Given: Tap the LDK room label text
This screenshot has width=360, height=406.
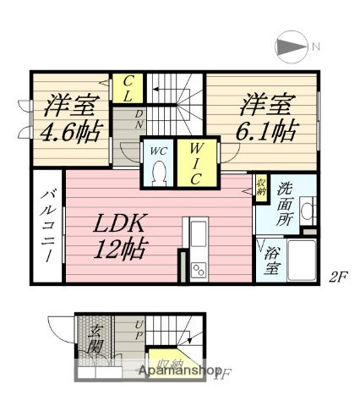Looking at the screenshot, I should pyautogui.click(x=121, y=224).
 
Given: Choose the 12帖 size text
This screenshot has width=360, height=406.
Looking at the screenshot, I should pyautogui.click(x=121, y=251).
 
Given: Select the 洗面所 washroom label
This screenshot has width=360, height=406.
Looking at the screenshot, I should pyautogui.click(x=286, y=203).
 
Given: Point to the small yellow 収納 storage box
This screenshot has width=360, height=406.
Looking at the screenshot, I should pyautogui.click(x=261, y=184).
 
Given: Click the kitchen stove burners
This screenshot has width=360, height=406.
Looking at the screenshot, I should pyautogui.click(x=198, y=270).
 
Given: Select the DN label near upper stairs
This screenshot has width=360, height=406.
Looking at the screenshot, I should pyautogui.click(x=140, y=119).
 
